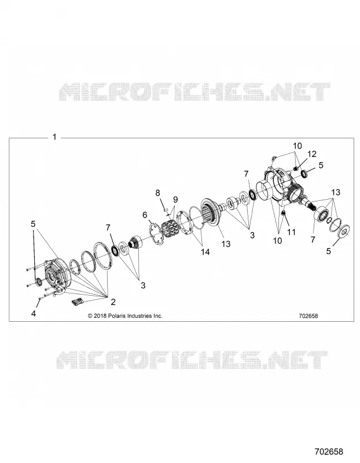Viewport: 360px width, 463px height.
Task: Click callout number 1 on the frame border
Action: click(54, 137)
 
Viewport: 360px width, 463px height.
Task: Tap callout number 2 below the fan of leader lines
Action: click(113, 302)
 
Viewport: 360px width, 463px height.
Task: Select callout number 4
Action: click(34, 313)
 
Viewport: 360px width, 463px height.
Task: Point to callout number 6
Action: click(145, 215)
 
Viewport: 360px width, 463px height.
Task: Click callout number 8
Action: click(157, 193)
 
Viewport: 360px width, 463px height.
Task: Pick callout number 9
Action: click(175, 199)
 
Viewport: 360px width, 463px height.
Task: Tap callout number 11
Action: click(291, 232)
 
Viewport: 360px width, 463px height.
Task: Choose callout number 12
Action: click(311, 154)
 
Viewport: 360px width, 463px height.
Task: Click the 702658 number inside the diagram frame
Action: click(308, 315)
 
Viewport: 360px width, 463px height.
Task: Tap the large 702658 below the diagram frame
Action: click(329, 451)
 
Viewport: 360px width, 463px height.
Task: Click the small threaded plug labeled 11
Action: click(283, 213)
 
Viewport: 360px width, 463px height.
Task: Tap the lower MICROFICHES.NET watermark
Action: click(192, 360)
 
